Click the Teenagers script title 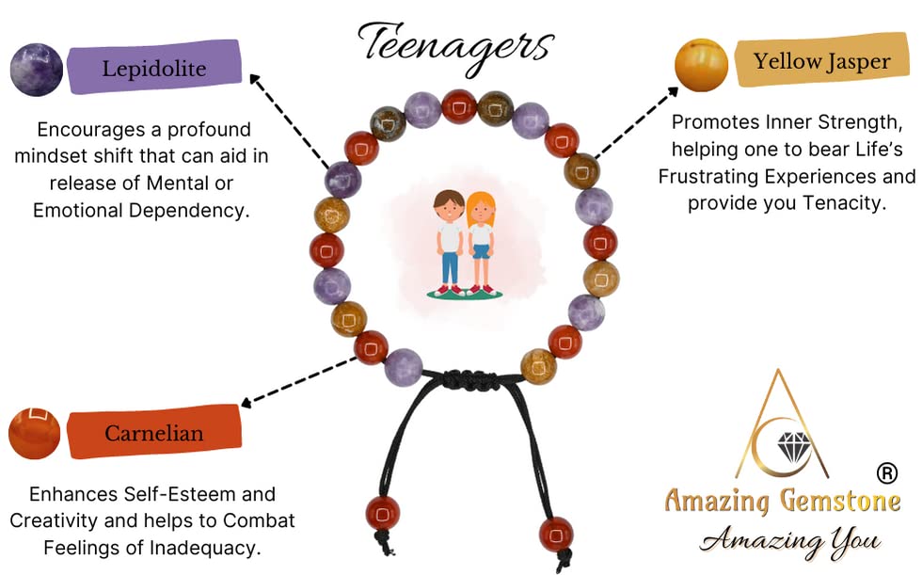tap(455, 44)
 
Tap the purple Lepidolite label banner tap(155, 68)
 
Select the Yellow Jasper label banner tap(821, 62)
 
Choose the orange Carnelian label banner tap(153, 433)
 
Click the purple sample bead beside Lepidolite tap(36, 70)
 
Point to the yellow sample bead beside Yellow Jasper tap(701, 65)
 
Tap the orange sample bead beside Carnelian tap(34, 434)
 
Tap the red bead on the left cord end tap(382, 513)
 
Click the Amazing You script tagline tap(789, 541)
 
